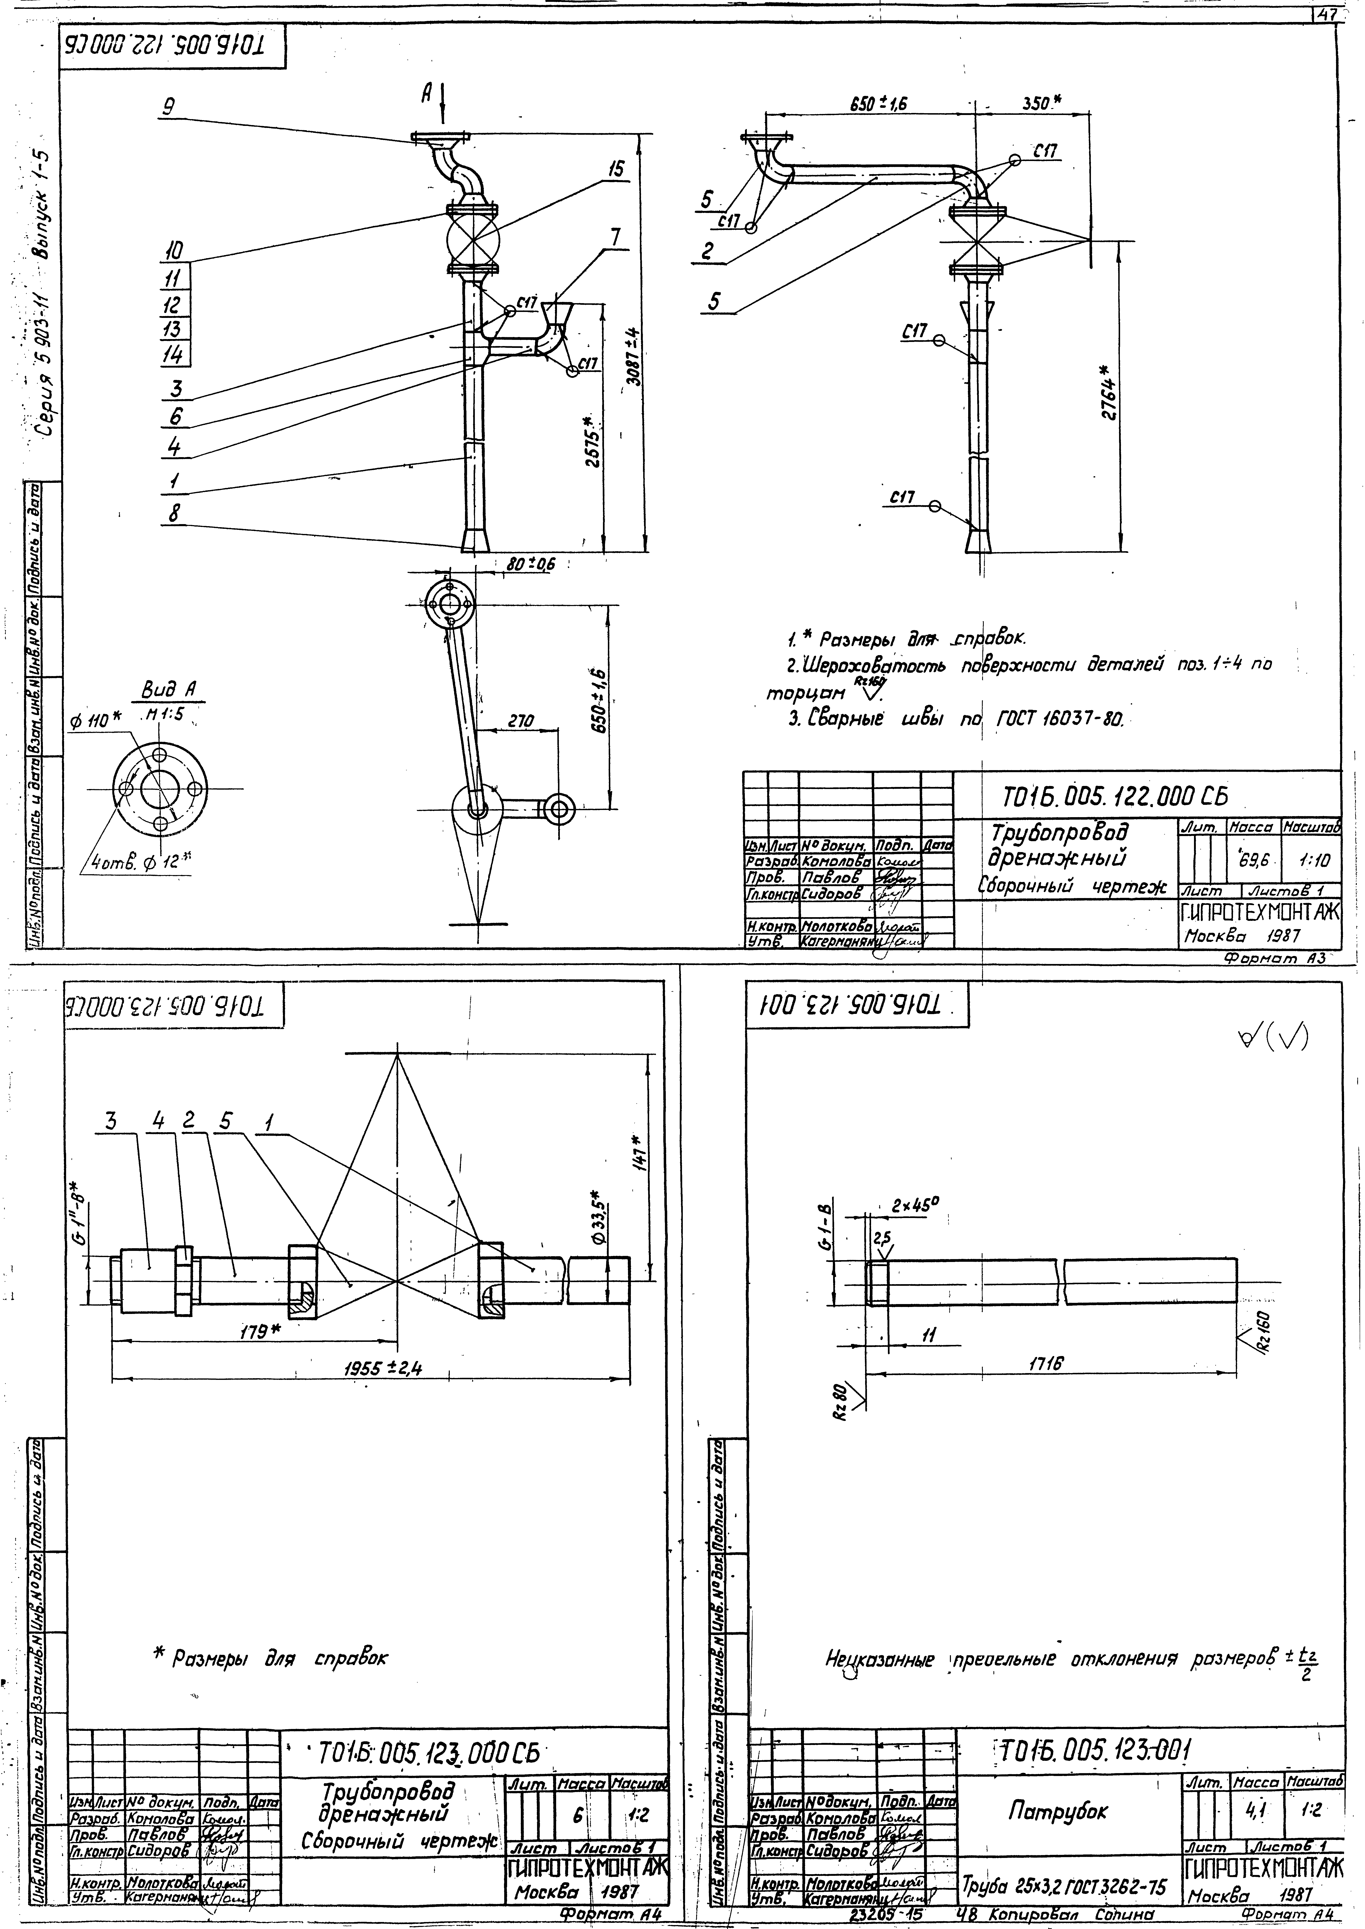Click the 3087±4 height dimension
tap(636, 356)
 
